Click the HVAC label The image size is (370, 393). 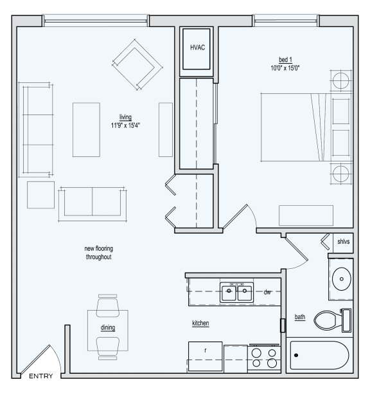click(197, 48)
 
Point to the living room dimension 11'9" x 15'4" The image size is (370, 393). click(125, 125)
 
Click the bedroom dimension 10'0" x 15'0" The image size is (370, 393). click(285, 68)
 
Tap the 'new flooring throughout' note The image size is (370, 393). click(98, 253)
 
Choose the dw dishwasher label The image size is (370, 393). click(267, 292)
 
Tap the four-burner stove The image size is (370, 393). click(263, 358)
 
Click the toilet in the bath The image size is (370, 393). click(334, 320)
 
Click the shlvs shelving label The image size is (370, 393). click(343, 242)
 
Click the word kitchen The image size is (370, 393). click(200, 323)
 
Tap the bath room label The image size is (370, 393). click(300, 316)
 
